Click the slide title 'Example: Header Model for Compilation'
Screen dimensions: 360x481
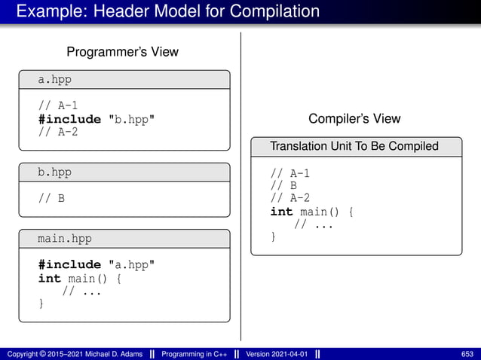(168, 12)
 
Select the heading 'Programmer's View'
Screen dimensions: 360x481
(123, 52)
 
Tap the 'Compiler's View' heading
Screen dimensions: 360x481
(354, 119)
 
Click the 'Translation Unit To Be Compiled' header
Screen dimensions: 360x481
(354, 146)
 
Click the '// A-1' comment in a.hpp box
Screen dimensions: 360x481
(57, 105)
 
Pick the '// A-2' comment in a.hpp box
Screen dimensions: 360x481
(57, 133)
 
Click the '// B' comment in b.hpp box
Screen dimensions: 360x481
(51, 199)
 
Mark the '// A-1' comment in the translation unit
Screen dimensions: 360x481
(290, 173)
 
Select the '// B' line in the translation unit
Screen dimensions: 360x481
(283, 185)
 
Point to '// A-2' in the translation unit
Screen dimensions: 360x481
(290, 198)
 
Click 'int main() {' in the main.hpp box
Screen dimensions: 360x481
(79, 279)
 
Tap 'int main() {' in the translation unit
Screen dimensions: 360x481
(311, 212)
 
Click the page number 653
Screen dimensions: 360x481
(467, 353)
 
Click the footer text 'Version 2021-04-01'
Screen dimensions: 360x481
(277, 353)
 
